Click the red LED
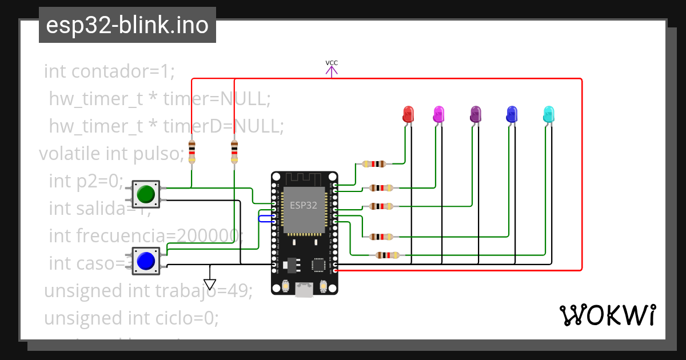[408, 113]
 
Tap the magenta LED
[438, 113]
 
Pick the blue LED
[512, 113]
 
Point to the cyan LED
[548, 113]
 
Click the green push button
[146, 194]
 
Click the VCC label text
[332, 63]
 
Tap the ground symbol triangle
[210, 284]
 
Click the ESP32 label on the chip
[304, 206]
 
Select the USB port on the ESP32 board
[304, 291]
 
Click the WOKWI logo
[607, 315]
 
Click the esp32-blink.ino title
[127, 25]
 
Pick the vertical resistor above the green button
[192, 151]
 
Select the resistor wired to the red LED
[374, 164]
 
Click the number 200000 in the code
[209, 235]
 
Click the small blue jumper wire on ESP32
[266, 218]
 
